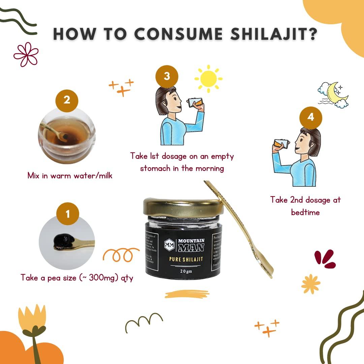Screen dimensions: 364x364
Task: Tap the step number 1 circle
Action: click(x=67, y=213)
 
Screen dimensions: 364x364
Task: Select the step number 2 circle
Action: click(x=67, y=100)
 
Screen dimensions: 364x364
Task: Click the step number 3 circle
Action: click(x=166, y=76)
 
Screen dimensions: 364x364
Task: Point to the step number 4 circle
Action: click(x=311, y=117)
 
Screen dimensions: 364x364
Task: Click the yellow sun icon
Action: click(x=208, y=79)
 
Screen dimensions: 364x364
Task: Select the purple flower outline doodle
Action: click(x=26, y=54)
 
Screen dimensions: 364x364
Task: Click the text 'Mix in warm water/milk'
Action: click(x=70, y=176)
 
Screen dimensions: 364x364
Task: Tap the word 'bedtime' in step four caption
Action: click(x=305, y=212)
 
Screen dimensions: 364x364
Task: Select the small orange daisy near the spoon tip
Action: click(x=310, y=284)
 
